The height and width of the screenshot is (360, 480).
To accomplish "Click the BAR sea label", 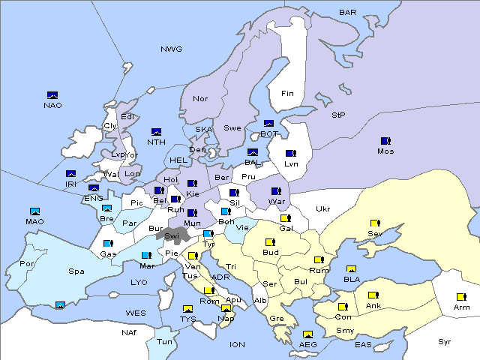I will pos(348,12).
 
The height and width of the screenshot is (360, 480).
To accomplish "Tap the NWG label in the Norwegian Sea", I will pos(171,49).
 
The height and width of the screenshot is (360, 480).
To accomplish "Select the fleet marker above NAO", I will pos(52,95).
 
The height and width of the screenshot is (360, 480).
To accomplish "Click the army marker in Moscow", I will pos(385,141).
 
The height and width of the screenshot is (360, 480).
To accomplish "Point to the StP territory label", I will pos(338,115).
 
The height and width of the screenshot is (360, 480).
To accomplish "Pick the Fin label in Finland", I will pos(287,94).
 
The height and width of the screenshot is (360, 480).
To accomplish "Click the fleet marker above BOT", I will pos(268,124).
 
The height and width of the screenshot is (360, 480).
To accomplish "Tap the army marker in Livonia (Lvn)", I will pos(291,154).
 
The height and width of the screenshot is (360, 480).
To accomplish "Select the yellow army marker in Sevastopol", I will pos(375,223).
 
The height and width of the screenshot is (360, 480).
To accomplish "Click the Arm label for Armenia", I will pos(461,307).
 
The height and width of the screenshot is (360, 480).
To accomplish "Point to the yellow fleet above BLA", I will pos(351,269).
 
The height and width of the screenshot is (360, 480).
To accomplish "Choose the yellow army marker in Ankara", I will pos(373,295).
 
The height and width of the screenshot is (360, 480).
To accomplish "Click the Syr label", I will pos(445,341).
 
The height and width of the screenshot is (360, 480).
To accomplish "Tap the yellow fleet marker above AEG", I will pos(307,334).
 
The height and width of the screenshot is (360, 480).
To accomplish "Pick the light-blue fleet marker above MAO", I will pos(34,211).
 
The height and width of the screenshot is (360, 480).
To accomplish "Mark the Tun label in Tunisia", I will pos(165,341).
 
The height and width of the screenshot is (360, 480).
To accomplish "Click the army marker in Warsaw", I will pos(276,191).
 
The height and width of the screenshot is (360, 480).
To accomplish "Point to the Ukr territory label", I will pos(322,208).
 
